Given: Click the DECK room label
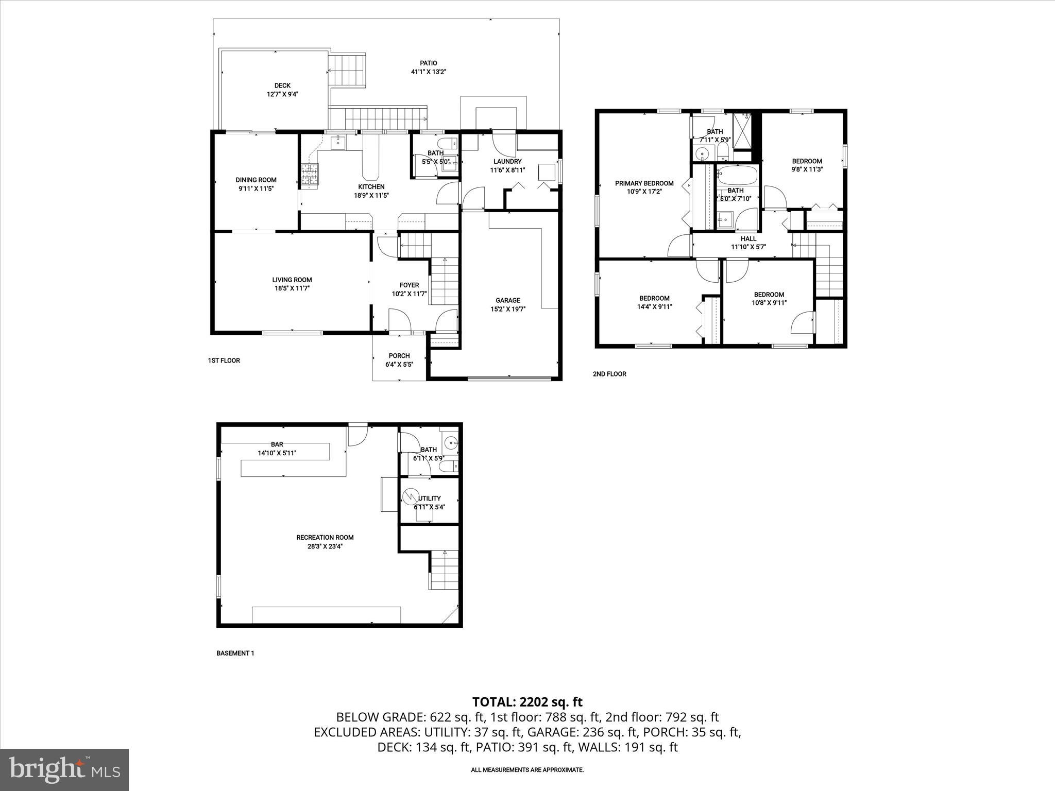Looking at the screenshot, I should pyautogui.click(x=282, y=85).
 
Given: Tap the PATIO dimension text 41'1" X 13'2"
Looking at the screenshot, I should pyautogui.click(x=428, y=72).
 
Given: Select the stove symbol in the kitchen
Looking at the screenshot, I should pyautogui.click(x=310, y=174).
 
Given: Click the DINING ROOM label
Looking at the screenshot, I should pyautogui.click(x=256, y=180).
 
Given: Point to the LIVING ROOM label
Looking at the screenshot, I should pyautogui.click(x=292, y=280).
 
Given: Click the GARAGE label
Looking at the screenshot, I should pyautogui.click(x=508, y=300).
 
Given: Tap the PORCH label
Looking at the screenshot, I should pyautogui.click(x=399, y=356).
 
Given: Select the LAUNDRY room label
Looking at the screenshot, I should pyautogui.click(x=507, y=161).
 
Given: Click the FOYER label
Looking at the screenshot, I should pyautogui.click(x=410, y=285).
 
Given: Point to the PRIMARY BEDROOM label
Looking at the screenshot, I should pyautogui.click(x=644, y=183).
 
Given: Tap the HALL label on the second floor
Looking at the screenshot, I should pyautogui.click(x=748, y=238).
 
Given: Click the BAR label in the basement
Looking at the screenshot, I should pyautogui.click(x=277, y=444).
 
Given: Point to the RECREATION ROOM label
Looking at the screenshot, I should pyautogui.click(x=325, y=537).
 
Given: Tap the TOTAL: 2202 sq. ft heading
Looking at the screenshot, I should pyautogui.click(x=527, y=701).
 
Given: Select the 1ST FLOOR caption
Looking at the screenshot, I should pyautogui.click(x=224, y=360).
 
